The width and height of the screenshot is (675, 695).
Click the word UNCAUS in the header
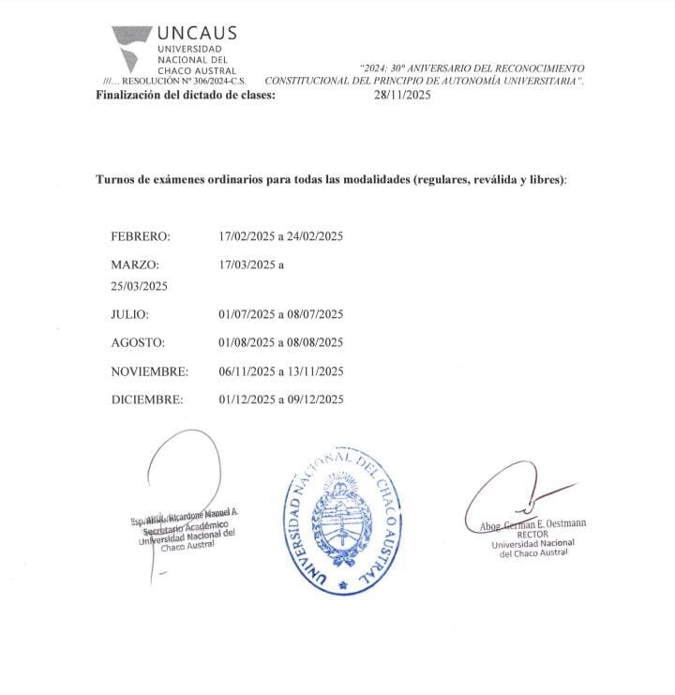coord(197,34)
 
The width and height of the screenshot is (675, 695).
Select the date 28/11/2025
coord(402,94)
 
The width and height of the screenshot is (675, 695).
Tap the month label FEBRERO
coord(141,235)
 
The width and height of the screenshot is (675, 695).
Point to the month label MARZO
coord(136,264)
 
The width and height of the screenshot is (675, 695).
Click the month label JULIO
coord(130,313)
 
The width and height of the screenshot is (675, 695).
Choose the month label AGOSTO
coord(138,341)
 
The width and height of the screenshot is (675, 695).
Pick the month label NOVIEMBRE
coord(150,370)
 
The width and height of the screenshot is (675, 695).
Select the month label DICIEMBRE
coord(147,399)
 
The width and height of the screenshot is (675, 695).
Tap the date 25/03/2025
coord(139,285)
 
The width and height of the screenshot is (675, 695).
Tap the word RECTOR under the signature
coord(532,534)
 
